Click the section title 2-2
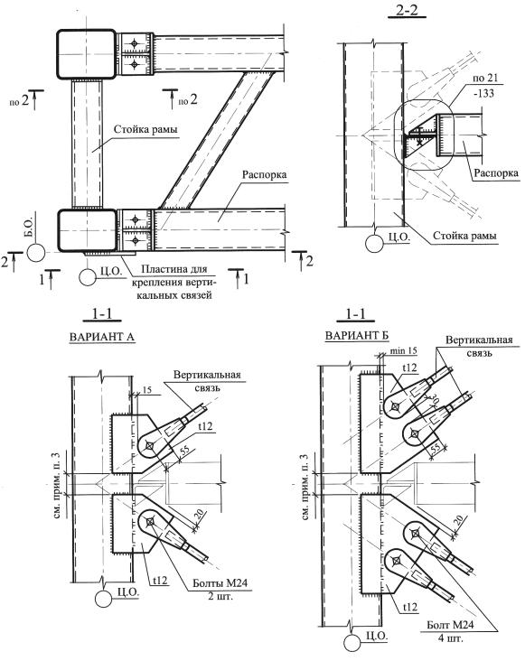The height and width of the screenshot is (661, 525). coord(407,10)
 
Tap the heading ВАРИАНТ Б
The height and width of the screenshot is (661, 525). coord(357,336)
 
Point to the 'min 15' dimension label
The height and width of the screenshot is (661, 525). coord(404,350)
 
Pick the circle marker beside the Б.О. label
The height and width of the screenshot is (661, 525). coord(35,253)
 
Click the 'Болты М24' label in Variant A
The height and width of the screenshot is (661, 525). coord(220,583)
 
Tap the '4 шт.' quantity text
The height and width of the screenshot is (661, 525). coord(449,638)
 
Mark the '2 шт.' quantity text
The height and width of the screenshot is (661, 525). coord(220,596)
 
